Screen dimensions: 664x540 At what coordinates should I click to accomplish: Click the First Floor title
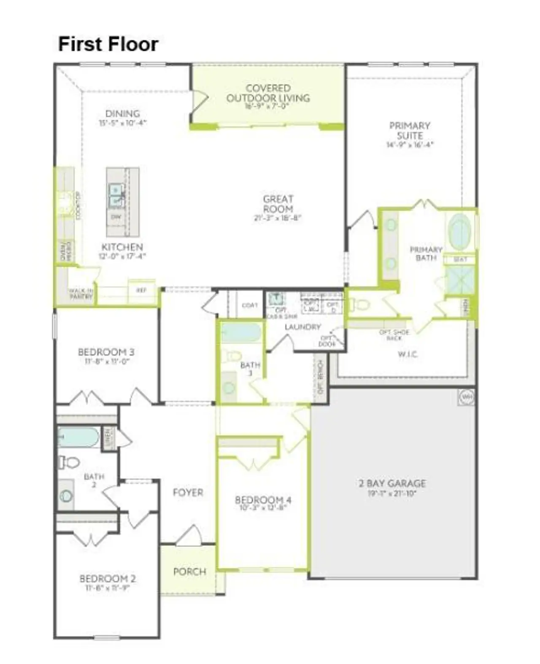coord(108,44)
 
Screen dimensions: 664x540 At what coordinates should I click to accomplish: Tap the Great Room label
coord(278,204)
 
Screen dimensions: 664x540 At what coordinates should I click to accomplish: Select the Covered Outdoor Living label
coord(268,93)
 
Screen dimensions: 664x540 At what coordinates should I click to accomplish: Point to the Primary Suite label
coord(410,131)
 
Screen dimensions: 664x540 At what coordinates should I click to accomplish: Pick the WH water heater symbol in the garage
coord(466,397)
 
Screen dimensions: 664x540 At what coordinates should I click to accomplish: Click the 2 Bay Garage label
coord(392,483)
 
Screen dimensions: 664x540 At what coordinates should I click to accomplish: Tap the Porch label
coord(190,572)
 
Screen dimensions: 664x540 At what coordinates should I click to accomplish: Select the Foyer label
coord(188,492)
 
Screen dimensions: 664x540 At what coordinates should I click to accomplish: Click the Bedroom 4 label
coord(263,500)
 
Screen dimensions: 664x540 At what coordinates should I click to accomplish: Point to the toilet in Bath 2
coord(69,462)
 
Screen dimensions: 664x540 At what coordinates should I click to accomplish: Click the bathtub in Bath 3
coord(241,333)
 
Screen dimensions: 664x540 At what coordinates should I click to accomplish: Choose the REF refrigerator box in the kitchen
coord(141,290)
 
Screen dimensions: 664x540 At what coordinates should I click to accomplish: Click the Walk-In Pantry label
coord(81,294)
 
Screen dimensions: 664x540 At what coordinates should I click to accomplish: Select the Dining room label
coord(122,114)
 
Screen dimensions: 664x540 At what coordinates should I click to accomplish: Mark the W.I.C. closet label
coord(408,354)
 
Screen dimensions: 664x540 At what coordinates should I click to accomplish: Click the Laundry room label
coord(302,327)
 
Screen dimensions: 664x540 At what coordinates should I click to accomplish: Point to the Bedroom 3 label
coord(106,352)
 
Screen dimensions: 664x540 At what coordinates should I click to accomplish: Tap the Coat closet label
coord(250,305)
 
